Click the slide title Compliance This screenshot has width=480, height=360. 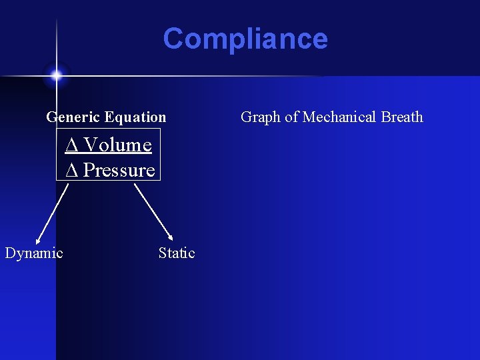click(245, 39)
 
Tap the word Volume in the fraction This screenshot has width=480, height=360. click(118, 145)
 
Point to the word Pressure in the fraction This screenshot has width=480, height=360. click(119, 170)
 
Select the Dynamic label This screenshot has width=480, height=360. click(34, 253)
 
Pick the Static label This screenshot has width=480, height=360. click(177, 253)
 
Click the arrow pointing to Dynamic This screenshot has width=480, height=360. click(53, 212)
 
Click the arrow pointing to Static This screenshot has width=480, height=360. click(153, 212)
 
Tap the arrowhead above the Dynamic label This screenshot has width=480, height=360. click(39, 239)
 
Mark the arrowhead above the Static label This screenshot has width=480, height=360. click(171, 237)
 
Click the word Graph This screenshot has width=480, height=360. click(261, 117)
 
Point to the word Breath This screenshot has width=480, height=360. click(402, 117)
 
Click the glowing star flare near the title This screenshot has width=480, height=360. click(56, 75)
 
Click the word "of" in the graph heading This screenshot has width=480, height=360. click(292, 117)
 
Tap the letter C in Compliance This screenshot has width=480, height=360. click(174, 39)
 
